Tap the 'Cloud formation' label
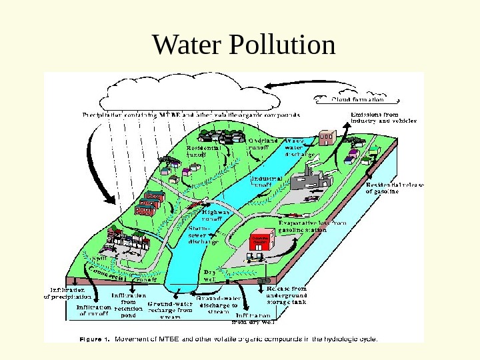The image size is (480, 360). click(357, 99)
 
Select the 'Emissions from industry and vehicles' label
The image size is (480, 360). click(383, 118)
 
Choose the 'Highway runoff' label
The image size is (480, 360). click(215, 215)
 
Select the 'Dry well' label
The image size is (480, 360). click(209, 275)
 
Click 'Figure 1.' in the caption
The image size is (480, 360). click(95, 338)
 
